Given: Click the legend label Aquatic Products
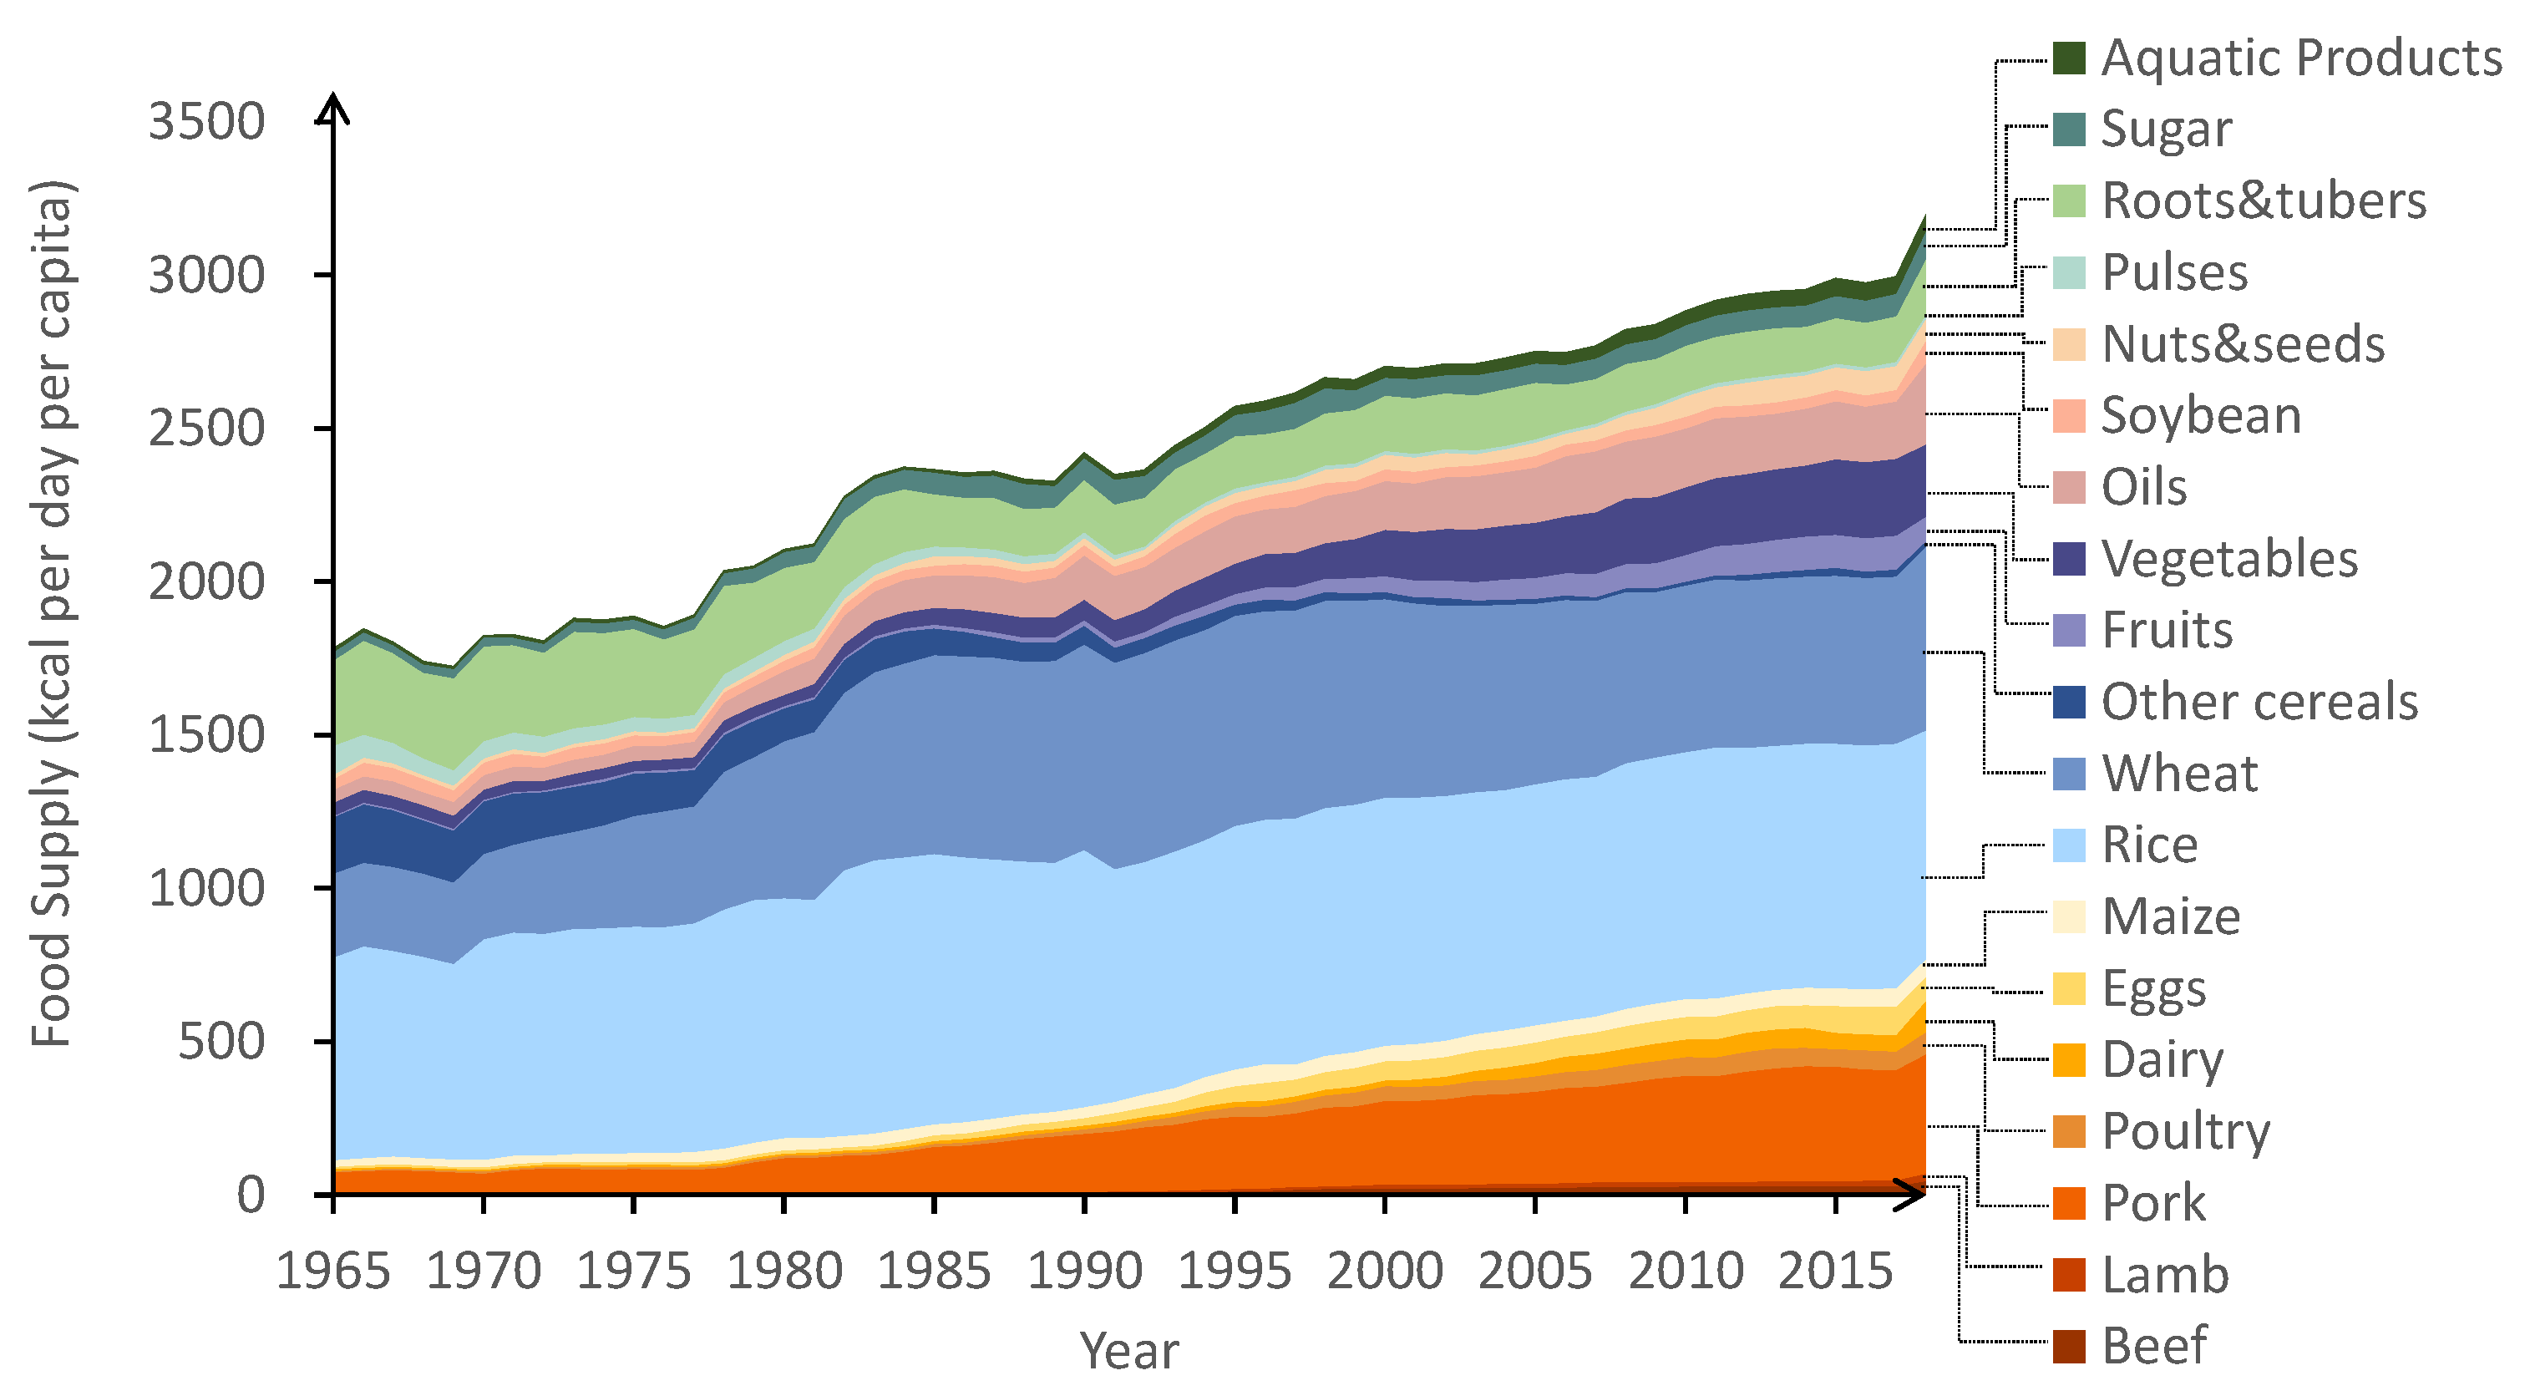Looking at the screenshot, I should (2301, 58).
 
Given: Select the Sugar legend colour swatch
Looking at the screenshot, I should (2069, 129).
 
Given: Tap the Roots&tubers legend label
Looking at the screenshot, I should (2264, 201).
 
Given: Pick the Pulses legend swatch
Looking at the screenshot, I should (2069, 272).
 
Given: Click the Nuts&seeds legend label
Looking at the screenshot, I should (2243, 344).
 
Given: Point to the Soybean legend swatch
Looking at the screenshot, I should (2069, 416).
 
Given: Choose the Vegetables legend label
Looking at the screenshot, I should (2229, 559).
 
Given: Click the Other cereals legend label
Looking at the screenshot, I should (2259, 702).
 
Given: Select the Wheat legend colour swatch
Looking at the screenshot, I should (2069, 774).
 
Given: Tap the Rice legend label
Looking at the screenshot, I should (2150, 845).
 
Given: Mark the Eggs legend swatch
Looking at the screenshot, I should (2069, 988).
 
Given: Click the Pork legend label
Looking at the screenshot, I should (2153, 1203).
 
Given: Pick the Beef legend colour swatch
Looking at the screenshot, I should (2069, 1346).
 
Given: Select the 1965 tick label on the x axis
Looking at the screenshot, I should (333, 1272).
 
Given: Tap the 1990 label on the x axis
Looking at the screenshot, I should (1084, 1272).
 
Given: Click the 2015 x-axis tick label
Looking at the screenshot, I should (1835, 1272).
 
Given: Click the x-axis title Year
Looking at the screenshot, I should (1129, 1350).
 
